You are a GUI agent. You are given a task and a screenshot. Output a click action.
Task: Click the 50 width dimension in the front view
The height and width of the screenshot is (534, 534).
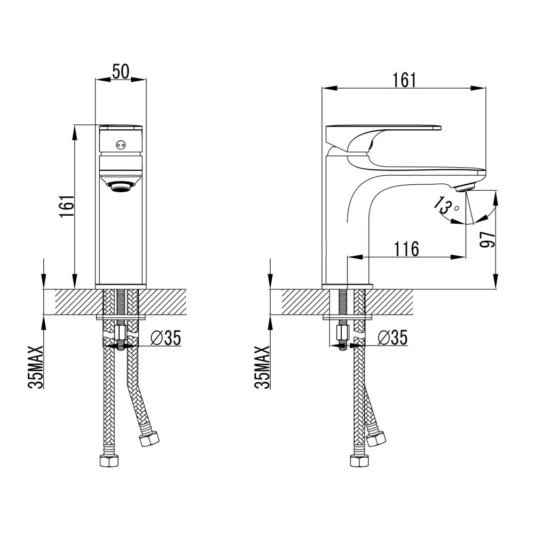[121, 72]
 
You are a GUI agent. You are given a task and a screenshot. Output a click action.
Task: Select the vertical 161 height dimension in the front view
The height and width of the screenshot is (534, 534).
[66, 206]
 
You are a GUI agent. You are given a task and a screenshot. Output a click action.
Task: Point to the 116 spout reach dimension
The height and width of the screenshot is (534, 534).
[406, 249]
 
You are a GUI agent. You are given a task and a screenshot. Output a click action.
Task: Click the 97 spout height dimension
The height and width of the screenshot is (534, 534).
[488, 240]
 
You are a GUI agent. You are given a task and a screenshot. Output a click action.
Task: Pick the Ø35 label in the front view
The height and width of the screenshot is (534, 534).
[166, 338]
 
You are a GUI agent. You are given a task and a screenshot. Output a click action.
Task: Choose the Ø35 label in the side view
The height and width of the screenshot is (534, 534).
[392, 338]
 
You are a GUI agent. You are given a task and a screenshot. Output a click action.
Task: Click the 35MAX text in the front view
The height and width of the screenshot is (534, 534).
[36, 367]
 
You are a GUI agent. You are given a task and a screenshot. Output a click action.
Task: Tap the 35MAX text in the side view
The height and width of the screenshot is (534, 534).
[262, 367]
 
